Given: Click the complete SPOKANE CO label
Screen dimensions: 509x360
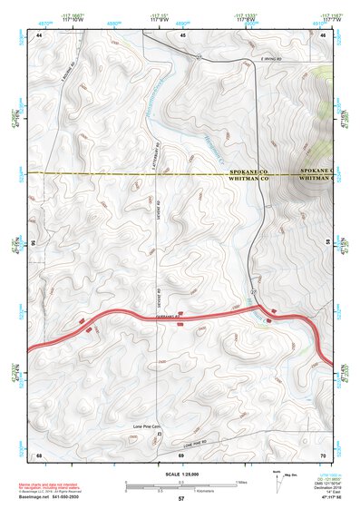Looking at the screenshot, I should pyautogui.click(x=248, y=170).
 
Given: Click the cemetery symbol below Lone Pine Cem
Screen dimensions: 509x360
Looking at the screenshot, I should pyautogui.click(x=161, y=435).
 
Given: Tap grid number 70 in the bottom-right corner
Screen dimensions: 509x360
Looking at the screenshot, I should pyautogui.click(x=324, y=454).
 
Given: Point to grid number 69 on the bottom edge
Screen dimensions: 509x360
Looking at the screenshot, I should pyautogui.click(x=182, y=454).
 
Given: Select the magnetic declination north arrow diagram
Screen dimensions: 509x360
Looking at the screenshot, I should pyautogui.click(x=279, y=479).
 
